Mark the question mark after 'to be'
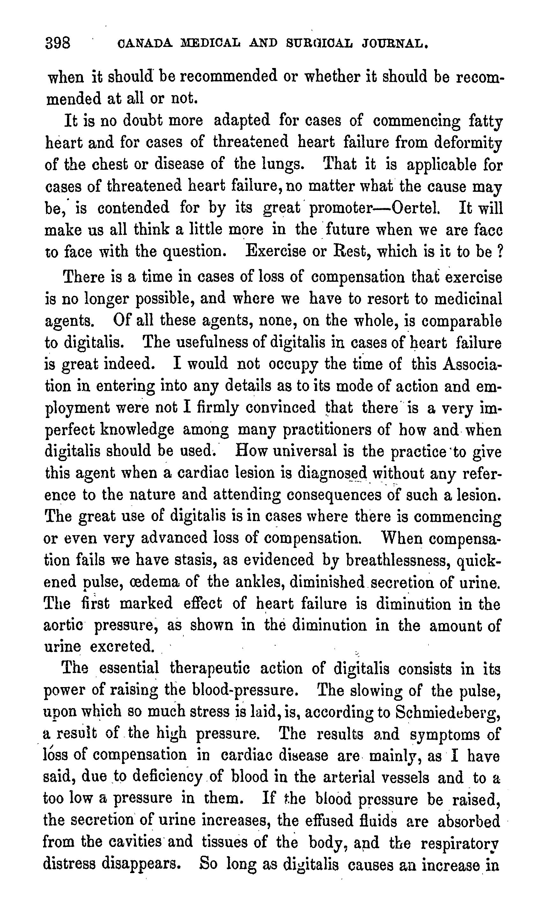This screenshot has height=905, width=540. click(499, 251)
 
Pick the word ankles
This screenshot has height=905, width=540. click(260, 582)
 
